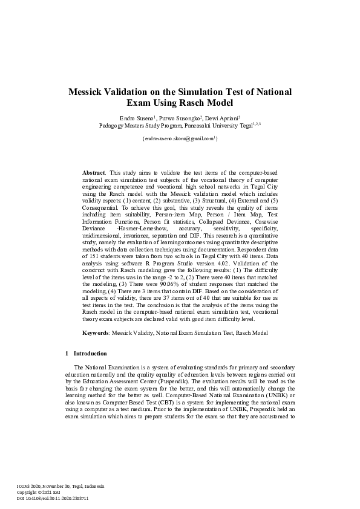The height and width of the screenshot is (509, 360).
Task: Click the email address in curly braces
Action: [x=180, y=139]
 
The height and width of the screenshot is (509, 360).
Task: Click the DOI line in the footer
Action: [x=53, y=498]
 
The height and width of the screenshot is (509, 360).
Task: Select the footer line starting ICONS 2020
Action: [x=61, y=486]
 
